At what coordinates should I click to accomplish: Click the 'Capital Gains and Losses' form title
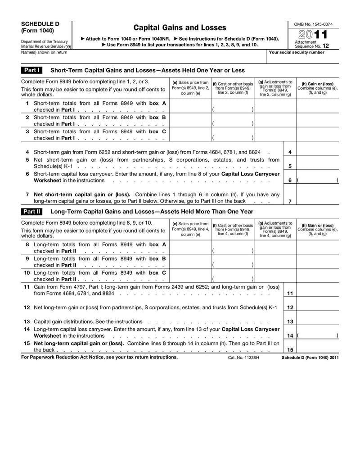click(x=180, y=28)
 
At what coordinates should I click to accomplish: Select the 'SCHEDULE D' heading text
click(x=40, y=24)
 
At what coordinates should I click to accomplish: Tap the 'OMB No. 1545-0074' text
click(x=314, y=24)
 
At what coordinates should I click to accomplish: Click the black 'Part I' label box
click(x=32, y=70)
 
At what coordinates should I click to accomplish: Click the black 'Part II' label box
click(x=32, y=211)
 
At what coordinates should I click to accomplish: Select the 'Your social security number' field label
click(x=296, y=52)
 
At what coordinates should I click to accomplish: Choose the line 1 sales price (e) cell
click(x=190, y=106)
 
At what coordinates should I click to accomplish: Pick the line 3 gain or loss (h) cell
click(x=318, y=134)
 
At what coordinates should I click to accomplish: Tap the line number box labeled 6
click(x=290, y=180)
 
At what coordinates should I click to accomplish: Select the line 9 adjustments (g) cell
click(x=275, y=262)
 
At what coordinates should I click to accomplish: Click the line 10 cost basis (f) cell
click(x=233, y=276)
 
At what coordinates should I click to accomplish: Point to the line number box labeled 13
click(x=290, y=321)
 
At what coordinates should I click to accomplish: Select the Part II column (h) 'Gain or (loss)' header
click(x=318, y=230)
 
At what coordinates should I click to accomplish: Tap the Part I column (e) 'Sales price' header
click(x=190, y=88)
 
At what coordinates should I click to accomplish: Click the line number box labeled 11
click(x=290, y=294)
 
